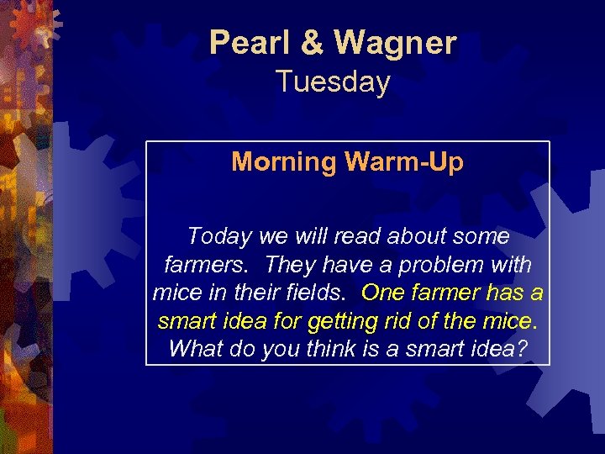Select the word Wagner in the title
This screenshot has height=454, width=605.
(395, 42)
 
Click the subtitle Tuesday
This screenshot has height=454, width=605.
(333, 82)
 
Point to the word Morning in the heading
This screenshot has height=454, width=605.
(283, 161)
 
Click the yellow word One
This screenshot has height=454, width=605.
(383, 293)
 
